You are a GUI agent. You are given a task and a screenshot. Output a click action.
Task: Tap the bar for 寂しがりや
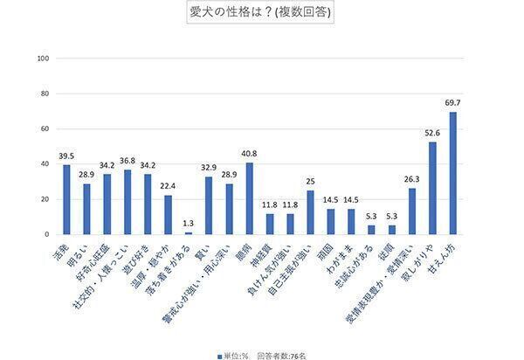tap(432, 188)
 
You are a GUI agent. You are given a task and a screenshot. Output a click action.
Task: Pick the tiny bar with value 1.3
tap(188, 233)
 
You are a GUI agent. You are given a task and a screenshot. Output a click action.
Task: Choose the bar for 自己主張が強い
tap(310, 212)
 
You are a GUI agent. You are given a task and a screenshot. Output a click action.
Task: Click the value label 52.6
tap(432, 134)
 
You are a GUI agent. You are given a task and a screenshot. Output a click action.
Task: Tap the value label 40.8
tap(249, 155)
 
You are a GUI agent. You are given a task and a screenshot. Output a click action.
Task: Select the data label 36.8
tap(128, 162)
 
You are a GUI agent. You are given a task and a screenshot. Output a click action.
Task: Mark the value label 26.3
tap(412, 180)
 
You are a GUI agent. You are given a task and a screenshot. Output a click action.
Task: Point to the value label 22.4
tap(168, 187)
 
